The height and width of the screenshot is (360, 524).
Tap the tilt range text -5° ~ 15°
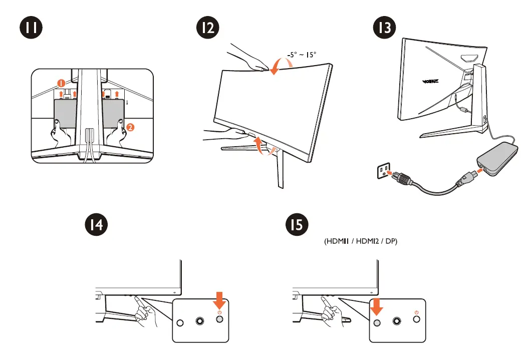302,56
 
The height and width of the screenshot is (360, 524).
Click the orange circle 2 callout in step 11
130,127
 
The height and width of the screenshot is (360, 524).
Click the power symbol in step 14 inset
219,313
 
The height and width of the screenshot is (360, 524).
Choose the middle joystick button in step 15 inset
398,322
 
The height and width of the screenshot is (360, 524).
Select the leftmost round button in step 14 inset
181,322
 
